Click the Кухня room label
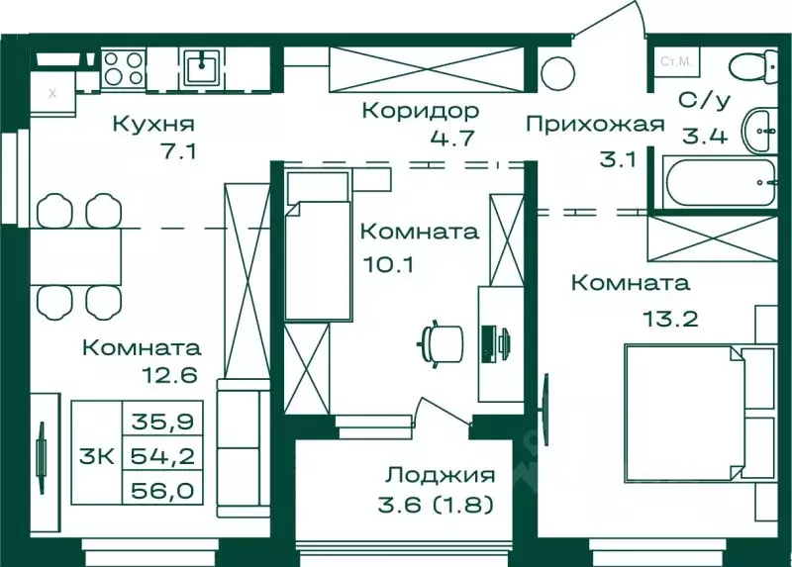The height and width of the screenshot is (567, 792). [152, 125]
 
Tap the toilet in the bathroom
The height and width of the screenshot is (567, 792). [755, 69]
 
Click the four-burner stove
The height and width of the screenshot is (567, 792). [125, 71]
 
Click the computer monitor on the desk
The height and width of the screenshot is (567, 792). [489, 343]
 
